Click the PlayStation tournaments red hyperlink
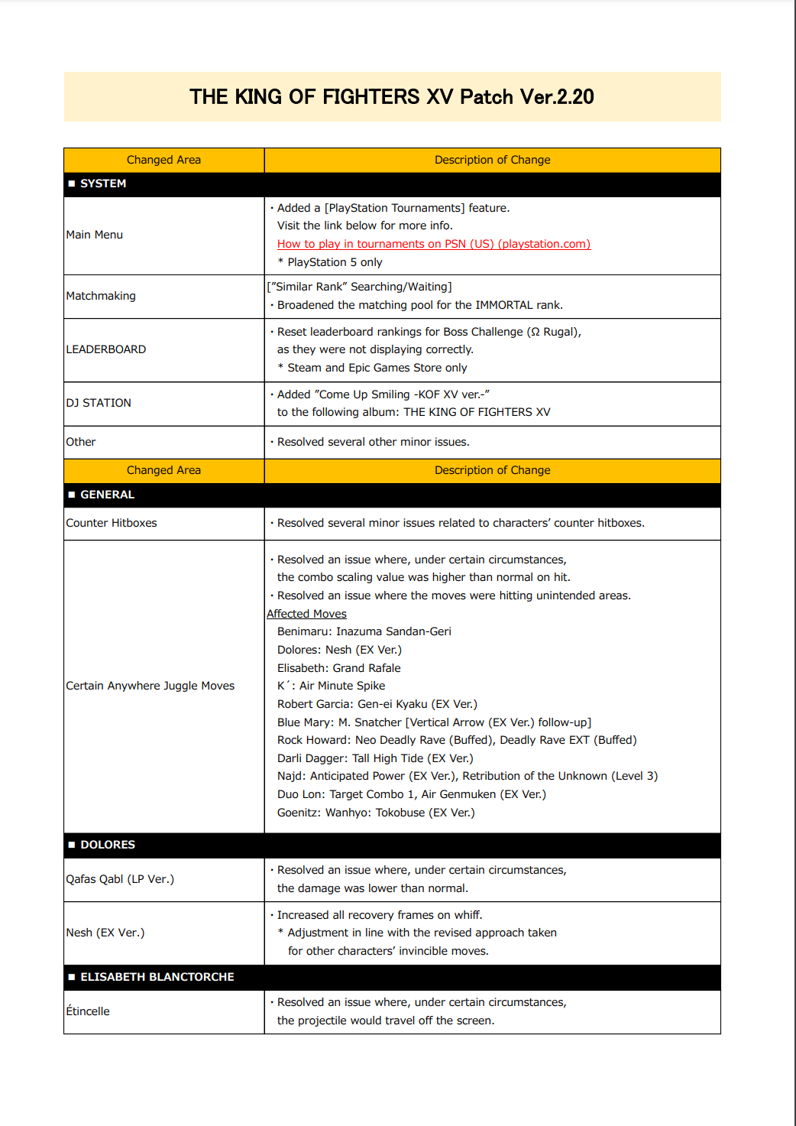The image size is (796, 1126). (433, 244)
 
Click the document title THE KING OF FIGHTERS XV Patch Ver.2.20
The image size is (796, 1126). (392, 97)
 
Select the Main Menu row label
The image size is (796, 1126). (95, 235)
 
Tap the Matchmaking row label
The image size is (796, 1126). (101, 296)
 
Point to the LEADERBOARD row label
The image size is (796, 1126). (106, 349)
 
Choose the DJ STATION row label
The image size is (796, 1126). (99, 403)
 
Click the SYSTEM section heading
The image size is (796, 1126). (103, 183)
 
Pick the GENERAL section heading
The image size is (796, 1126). (107, 495)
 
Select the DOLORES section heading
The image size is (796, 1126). (108, 845)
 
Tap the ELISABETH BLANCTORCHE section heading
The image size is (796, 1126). (157, 977)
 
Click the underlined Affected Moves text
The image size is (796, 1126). (306, 614)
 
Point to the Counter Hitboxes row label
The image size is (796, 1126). (112, 523)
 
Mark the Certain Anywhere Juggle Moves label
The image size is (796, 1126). (150, 686)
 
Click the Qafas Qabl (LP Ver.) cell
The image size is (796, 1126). (120, 879)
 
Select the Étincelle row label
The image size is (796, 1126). (88, 1011)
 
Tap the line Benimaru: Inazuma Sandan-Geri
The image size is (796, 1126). (364, 631)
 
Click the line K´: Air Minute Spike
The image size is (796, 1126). (331, 686)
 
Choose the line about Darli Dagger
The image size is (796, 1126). (375, 758)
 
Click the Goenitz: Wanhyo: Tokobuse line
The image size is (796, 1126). (376, 813)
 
